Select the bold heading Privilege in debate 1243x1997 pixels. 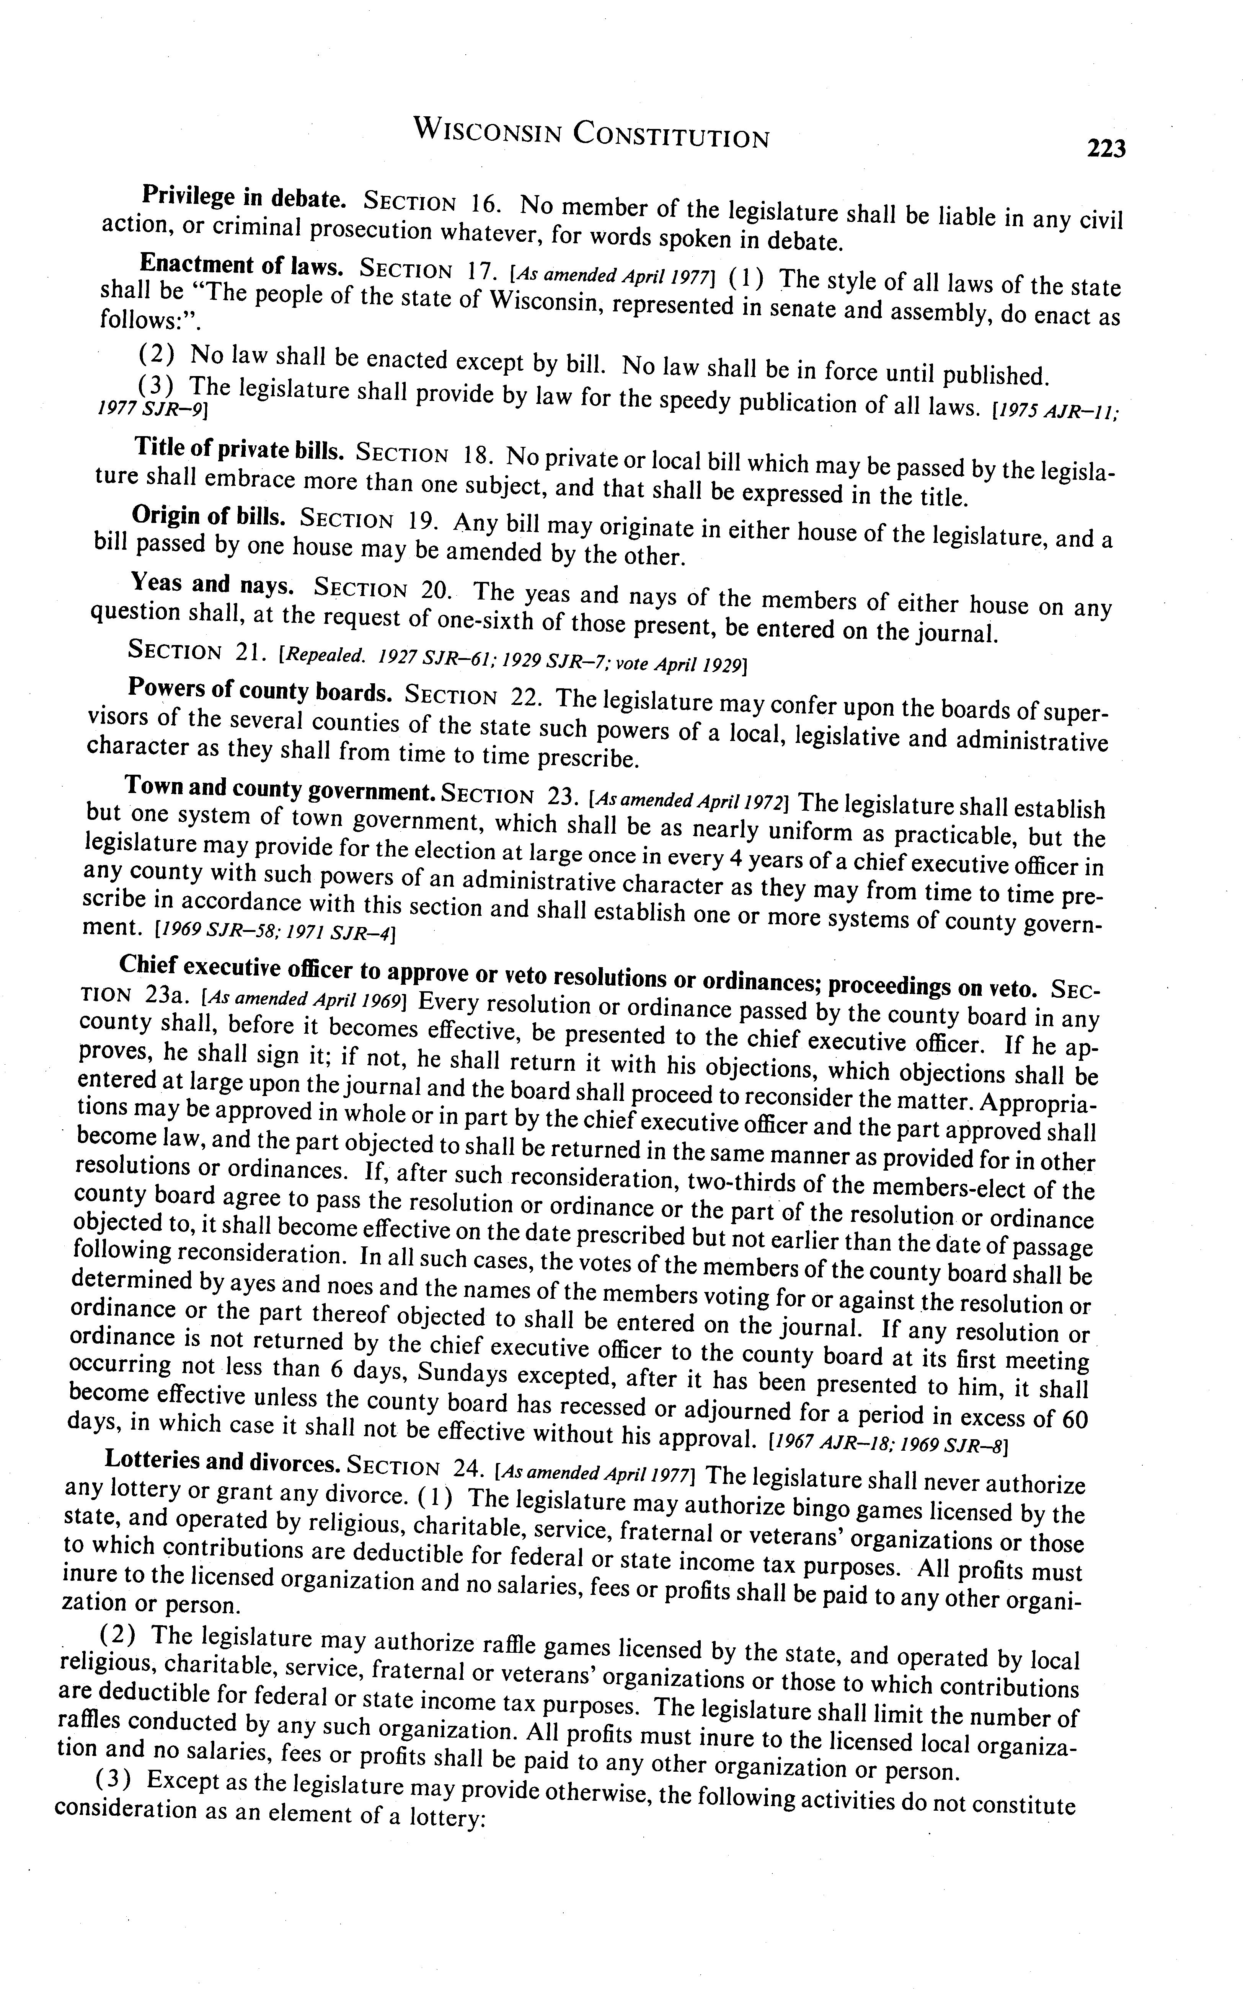click(243, 197)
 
